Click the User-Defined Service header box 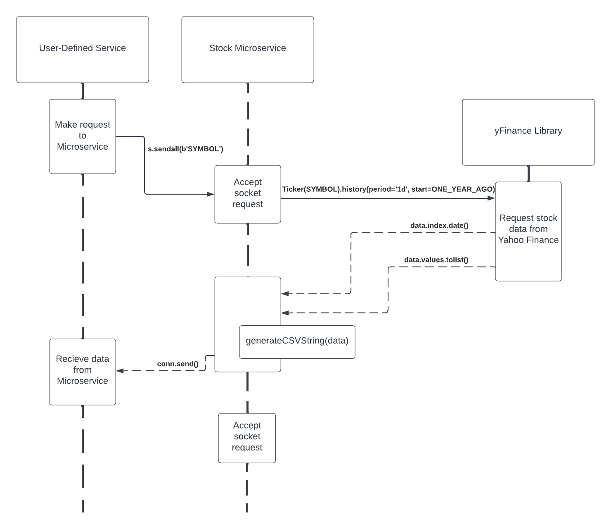click(x=83, y=49)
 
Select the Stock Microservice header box click(x=248, y=49)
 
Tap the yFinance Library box click(x=528, y=132)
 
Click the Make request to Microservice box click(x=83, y=136)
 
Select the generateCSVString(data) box click(x=297, y=341)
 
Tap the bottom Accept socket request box click(x=247, y=437)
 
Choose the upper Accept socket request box click(x=248, y=194)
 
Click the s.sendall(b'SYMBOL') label click(x=185, y=149)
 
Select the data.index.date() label click(x=439, y=226)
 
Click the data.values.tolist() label click(x=436, y=260)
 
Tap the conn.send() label click(x=178, y=364)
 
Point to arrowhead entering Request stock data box click(x=491, y=198)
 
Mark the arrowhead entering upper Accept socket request click(x=211, y=194)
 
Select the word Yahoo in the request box click(x=511, y=240)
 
